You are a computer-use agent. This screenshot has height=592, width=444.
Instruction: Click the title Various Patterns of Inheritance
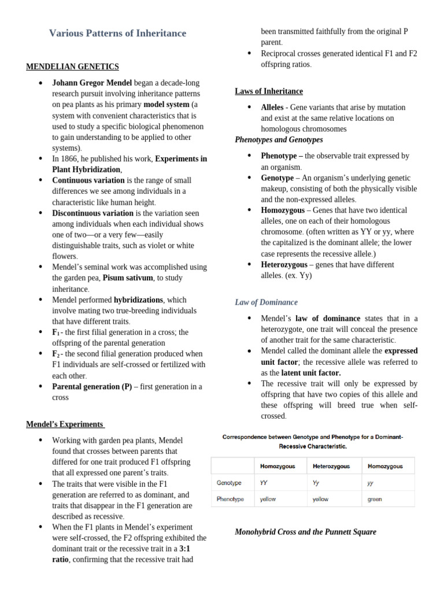point(117,34)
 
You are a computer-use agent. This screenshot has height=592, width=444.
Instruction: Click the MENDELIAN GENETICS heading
point(72,66)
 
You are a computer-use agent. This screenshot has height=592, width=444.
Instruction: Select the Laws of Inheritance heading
point(268,91)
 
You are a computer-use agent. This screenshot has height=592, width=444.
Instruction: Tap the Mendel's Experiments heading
point(65,425)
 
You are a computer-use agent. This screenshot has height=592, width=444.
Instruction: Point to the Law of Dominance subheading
point(266,302)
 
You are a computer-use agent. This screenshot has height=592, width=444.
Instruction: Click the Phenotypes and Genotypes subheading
point(279,140)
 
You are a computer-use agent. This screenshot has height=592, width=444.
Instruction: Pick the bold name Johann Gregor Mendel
point(92,83)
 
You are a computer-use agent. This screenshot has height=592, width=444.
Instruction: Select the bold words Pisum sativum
point(128,278)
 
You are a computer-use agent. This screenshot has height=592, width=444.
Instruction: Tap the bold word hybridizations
point(139,300)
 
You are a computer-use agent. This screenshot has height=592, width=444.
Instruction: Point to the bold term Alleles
point(272,108)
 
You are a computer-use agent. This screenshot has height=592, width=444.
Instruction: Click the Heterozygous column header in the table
point(331,466)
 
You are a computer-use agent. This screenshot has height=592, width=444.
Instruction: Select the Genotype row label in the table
point(229,482)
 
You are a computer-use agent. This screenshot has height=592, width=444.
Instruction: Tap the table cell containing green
point(375,499)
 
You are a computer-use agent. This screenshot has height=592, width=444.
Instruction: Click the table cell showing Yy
point(316,482)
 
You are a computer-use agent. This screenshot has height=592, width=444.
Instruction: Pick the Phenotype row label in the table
point(230,499)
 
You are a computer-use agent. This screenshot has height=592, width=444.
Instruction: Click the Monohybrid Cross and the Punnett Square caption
point(305,532)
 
